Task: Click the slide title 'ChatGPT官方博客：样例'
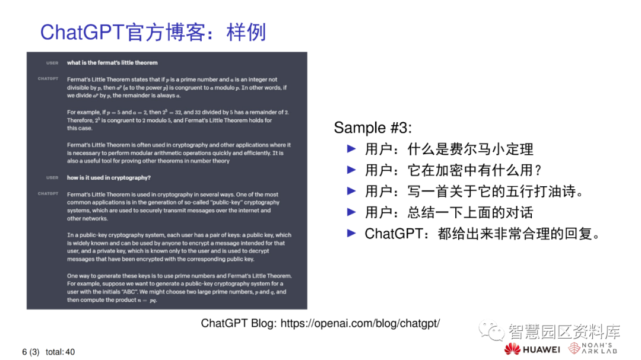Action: click(x=153, y=31)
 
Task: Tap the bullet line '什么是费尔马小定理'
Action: click(x=449, y=149)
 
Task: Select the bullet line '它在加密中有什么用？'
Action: click(x=453, y=170)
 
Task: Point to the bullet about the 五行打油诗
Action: click(x=474, y=192)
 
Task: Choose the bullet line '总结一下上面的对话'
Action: click(x=449, y=212)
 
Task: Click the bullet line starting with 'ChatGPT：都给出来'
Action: click(x=482, y=234)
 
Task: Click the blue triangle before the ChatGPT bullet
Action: click(x=351, y=233)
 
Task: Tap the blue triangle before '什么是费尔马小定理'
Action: click(x=351, y=148)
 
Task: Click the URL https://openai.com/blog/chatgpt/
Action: click(x=360, y=323)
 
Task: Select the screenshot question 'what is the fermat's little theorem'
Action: click(x=112, y=63)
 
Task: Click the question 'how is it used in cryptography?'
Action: click(x=109, y=177)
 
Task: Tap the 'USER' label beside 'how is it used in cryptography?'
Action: click(x=52, y=177)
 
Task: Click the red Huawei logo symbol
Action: click(x=512, y=349)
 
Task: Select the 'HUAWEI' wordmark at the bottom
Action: click(x=541, y=349)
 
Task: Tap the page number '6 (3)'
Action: click(x=31, y=352)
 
